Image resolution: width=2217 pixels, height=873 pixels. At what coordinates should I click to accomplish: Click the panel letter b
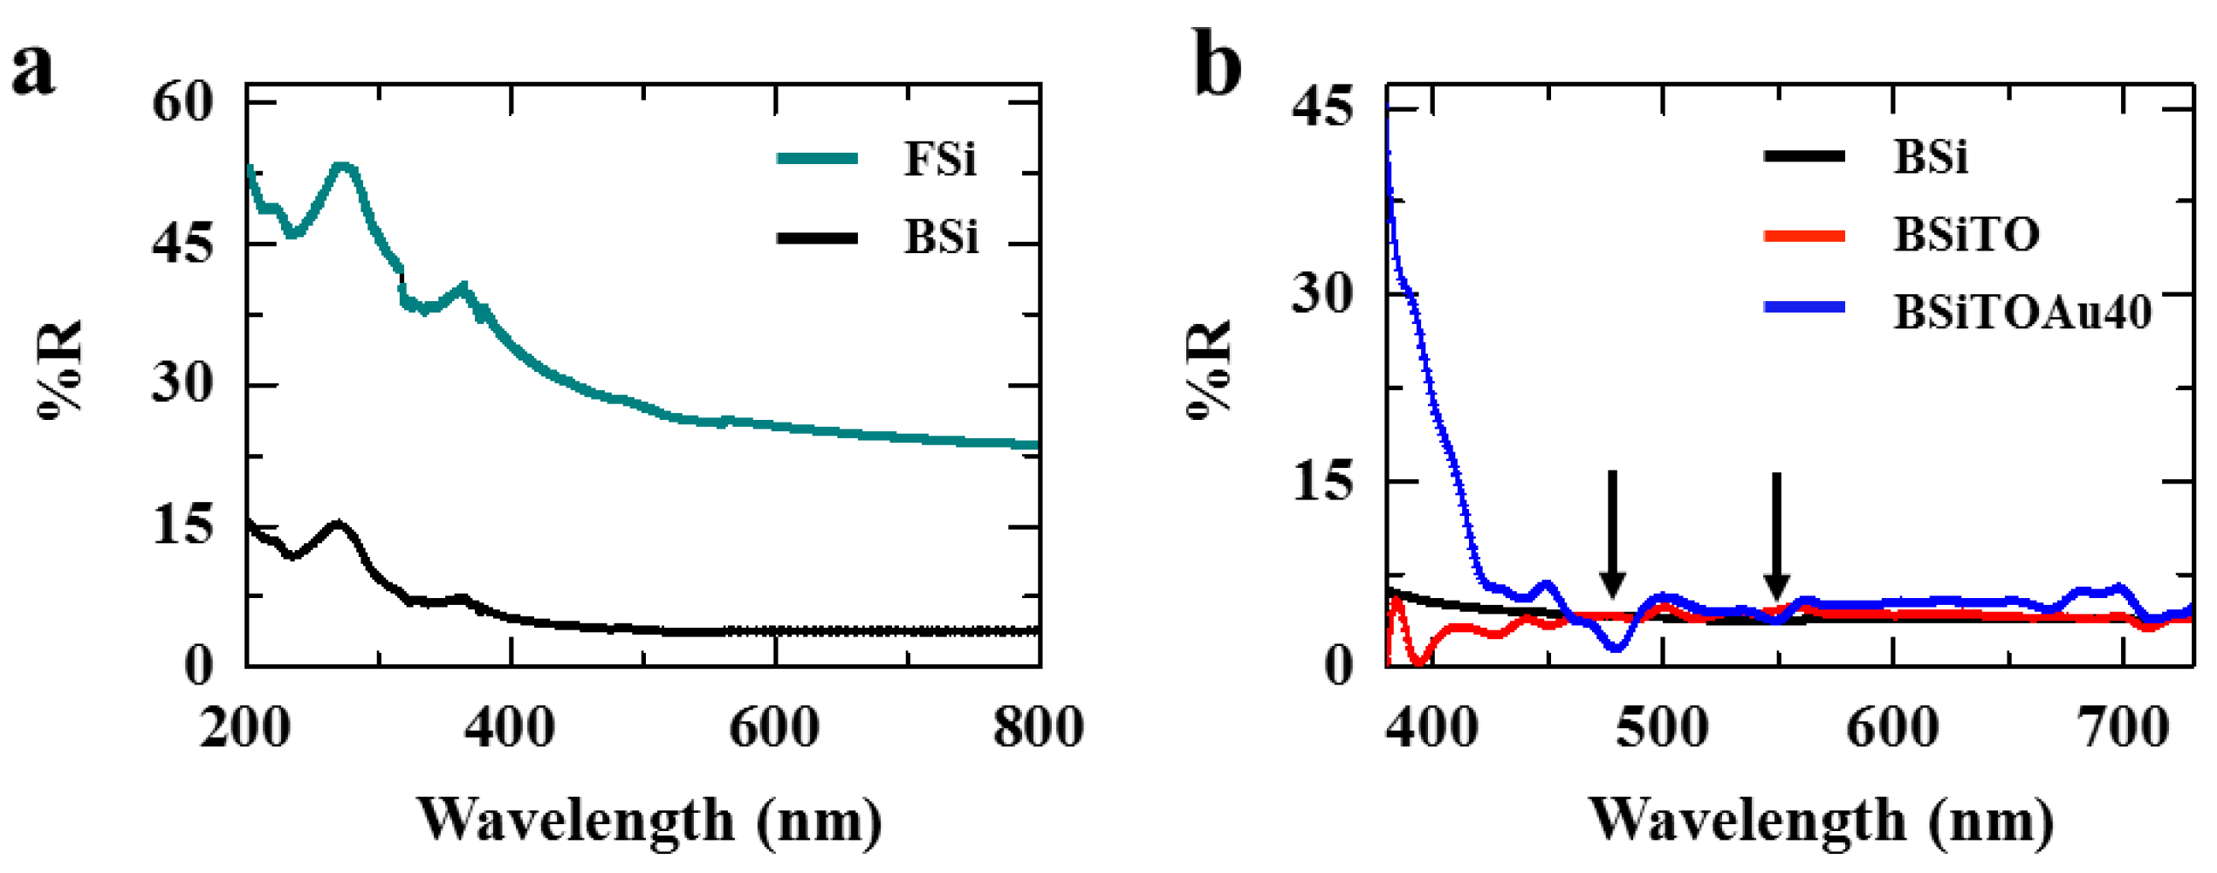tap(1217, 66)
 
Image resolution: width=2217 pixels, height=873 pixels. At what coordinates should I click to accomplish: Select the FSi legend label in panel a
tap(939, 159)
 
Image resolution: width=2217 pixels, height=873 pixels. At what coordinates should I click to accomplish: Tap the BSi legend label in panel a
tap(941, 237)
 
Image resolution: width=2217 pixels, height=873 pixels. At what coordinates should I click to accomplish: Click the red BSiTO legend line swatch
tap(1804, 236)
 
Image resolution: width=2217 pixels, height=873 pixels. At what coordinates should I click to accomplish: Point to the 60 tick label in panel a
tap(182, 102)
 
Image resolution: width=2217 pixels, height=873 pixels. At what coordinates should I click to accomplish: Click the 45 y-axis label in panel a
tap(182, 244)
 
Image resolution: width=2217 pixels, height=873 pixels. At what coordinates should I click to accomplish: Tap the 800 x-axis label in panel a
tap(1038, 727)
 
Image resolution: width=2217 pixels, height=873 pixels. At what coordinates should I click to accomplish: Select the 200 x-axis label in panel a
tap(245, 727)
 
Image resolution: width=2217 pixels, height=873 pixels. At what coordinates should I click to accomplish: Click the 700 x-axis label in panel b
tap(2123, 727)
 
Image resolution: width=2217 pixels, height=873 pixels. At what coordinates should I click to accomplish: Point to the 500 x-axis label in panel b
tap(1662, 727)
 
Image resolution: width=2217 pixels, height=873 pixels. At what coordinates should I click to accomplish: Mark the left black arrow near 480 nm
tap(1613, 533)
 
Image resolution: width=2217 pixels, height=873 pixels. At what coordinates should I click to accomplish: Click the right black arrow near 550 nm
tap(1776, 534)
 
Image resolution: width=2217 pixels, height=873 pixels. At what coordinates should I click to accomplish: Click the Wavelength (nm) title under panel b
tap(1821, 821)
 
